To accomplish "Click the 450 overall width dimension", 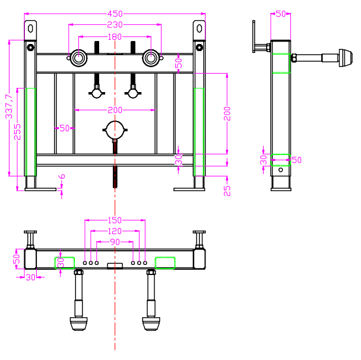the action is pos(115,14).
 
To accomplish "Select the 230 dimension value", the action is pos(115,24).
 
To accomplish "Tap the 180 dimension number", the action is pos(115,37).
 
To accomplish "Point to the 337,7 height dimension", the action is pos(9,106).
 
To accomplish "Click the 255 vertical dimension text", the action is pos(17,132).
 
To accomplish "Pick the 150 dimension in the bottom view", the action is pos(115,220).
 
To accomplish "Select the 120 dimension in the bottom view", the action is pos(115,231).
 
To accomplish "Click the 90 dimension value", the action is pos(115,242).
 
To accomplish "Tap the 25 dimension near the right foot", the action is pos(227,191).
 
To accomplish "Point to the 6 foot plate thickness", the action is pos(62,176).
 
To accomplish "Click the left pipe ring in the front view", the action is pos(79,58).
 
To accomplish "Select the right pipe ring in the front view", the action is pos(151,58).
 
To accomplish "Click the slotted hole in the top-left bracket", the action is pos(30,29).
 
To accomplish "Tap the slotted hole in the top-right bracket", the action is pos(199,29).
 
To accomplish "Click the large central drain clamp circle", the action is pos(115,130).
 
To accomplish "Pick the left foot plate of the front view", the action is pos(40,190).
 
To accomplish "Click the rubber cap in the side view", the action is pos(346,58).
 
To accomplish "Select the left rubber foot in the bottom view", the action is pos(79,324).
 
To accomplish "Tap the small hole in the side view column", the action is pos(281,170).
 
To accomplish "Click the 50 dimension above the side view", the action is pos(281,14).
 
